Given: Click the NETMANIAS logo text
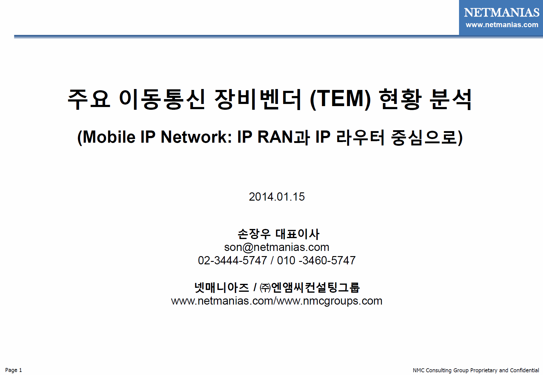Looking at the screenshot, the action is coord(501,12).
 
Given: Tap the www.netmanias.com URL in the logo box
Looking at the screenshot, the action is coord(502,25).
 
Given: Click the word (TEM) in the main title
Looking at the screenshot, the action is coord(340,99).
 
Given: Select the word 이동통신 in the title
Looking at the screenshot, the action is coord(162,99).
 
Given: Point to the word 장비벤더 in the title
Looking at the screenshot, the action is coord(258,99).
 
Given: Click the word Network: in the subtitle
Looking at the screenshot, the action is coord(196,137).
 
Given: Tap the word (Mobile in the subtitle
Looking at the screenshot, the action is coord(106,137).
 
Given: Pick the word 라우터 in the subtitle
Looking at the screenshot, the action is coord(360,137).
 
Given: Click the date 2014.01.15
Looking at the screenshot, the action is coord(277,197).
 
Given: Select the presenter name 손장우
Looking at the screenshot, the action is coord(254,234).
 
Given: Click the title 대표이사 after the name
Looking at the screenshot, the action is coord(297,234).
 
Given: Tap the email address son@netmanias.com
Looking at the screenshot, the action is coord(277,247).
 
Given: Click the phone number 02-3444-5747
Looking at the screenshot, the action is coord(232,260).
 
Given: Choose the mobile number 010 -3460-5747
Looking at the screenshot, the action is coord(316,260).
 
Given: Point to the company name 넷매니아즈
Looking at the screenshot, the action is coord(222,287).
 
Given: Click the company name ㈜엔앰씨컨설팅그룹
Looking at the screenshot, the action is coord(310,287).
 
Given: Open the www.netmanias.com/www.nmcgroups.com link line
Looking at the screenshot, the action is coord(277,301).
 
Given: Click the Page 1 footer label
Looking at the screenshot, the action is coord(13,370).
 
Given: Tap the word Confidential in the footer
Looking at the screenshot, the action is coord(524,370).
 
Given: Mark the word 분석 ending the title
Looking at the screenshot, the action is coord(451,99).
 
